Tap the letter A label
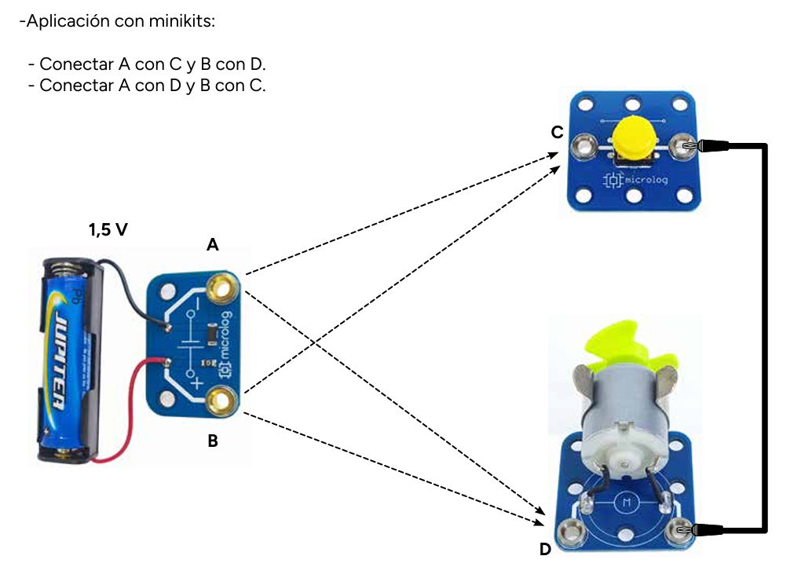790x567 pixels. [x=212, y=246]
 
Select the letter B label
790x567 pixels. [x=212, y=441]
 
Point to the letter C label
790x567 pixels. [x=557, y=133]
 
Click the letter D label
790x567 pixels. [x=545, y=550]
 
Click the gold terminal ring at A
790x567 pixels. [x=220, y=289]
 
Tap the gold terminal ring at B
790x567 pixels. [x=220, y=401]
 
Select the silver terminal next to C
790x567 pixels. [x=583, y=145]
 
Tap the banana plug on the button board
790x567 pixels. [x=707, y=145]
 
